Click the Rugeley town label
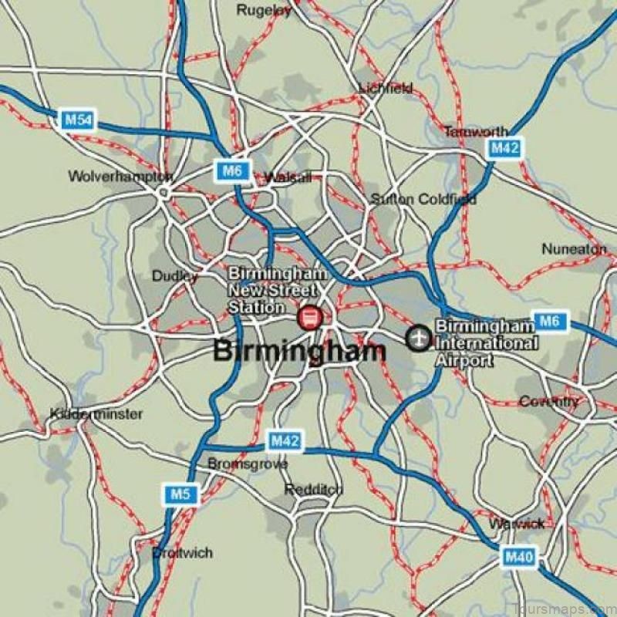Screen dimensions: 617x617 tap(264, 10)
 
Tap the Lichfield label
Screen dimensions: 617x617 tap(386, 89)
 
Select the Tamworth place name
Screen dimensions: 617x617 tap(476, 132)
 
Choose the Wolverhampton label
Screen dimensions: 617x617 tap(120, 177)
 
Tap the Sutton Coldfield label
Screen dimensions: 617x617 tap(423, 199)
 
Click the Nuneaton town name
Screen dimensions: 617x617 tap(574, 249)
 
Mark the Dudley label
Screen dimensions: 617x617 tap(174, 276)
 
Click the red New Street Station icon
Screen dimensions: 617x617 tap(309, 317)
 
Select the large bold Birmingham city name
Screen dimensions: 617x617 tap(298, 351)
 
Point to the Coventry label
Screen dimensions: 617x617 tap(548, 402)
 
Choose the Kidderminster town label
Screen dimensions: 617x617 tap(96, 414)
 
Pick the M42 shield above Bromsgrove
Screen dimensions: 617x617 tap(285, 441)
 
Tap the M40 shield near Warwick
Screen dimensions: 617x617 tap(518, 555)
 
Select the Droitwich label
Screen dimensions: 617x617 tap(181, 553)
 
